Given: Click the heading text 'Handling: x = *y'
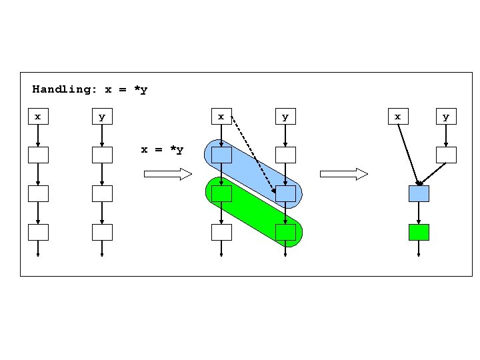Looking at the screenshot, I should click(x=90, y=89).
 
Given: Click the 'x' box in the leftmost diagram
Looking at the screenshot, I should click(x=38, y=117).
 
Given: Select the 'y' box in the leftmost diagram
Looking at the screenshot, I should click(x=101, y=117).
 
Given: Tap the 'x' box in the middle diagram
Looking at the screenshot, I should click(x=221, y=117).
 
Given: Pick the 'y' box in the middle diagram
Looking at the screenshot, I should click(x=285, y=117).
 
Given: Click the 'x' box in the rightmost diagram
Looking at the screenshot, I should click(x=398, y=117).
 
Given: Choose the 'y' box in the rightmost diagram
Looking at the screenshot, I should click(x=446, y=117).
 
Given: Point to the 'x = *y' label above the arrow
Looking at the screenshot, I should click(x=162, y=149).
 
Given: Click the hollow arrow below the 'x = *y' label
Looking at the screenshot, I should click(x=167, y=174).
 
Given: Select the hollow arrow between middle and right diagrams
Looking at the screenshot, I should click(x=344, y=174).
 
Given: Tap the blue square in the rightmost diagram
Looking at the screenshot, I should click(x=419, y=194).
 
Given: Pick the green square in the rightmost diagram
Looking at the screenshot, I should click(x=419, y=232).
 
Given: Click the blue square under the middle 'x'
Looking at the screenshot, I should click(x=221, y=155).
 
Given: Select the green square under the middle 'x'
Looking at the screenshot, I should click(x=221, y=194).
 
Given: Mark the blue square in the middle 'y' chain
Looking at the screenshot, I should click(x=285, y=194).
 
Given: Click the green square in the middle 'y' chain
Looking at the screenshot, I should click(x=285, y=232).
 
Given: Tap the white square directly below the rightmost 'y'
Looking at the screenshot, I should click(x=446, y=155).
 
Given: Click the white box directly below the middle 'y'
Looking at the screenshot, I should click(x=285, y=155).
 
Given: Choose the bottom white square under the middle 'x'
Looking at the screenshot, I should click(x=221, y=232).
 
